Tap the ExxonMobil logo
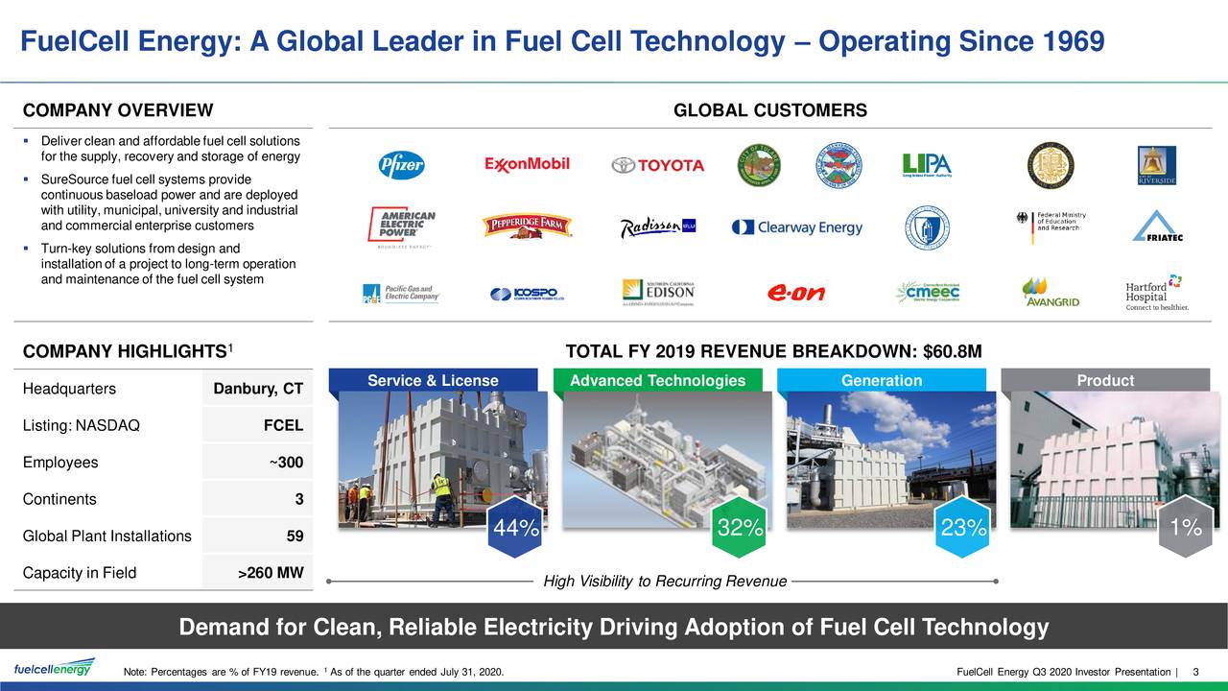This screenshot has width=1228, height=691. pos(527,164)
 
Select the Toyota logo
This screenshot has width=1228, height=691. pos(658,165)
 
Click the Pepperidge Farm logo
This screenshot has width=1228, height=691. pos(527,226)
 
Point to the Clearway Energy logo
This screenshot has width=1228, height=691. pos(796,227)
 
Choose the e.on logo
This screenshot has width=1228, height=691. pos(795,293)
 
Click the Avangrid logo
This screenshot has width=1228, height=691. pos(1051,292)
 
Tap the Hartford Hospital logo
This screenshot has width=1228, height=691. pos(1156,293)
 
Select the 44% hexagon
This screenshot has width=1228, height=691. pos(515,528)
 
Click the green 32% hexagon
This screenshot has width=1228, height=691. pos(740,528)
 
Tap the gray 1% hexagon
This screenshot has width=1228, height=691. pos(1186,528)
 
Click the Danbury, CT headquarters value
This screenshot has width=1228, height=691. pos(258,389)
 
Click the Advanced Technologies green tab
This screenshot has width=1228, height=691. pos(657,381)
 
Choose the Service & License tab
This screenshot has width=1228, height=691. pos(433,381)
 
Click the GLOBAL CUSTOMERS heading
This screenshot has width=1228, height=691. pos(770,111)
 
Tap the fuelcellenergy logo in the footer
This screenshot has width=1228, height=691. pos(54,668)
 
